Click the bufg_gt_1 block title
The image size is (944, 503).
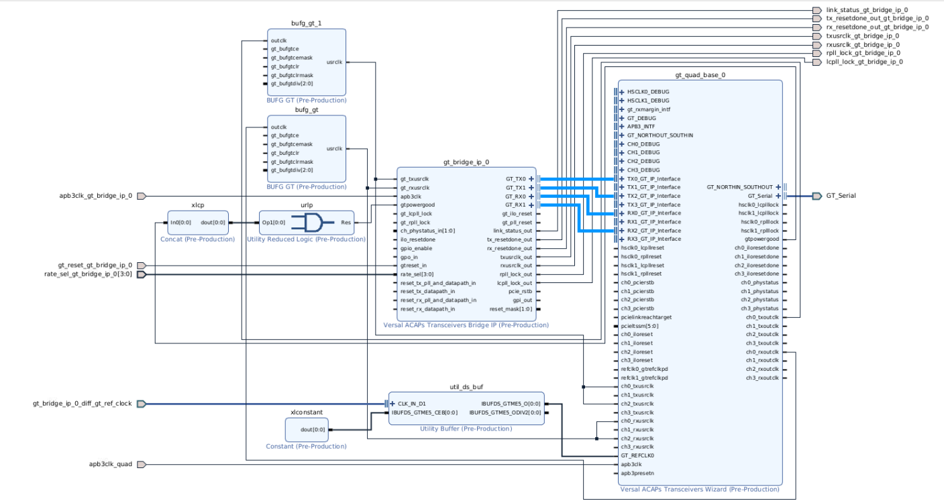[306, 23]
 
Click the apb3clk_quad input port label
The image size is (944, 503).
[111, 464]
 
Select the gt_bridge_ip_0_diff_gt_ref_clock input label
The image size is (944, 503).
[82, 404]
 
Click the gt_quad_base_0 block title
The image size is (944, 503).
[699, 75]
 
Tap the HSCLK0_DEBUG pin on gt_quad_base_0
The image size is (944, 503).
[647, 92]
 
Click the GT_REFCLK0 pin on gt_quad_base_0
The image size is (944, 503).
[637, 455]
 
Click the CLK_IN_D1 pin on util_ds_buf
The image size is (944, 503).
[411, 404]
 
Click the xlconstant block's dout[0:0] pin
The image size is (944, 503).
[312, 430]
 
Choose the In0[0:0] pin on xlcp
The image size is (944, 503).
[182, 222]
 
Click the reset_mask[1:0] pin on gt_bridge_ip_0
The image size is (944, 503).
[511, 309]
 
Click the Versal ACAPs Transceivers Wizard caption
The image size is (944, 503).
[698, 490]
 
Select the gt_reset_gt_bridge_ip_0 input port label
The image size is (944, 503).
[95, 266]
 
